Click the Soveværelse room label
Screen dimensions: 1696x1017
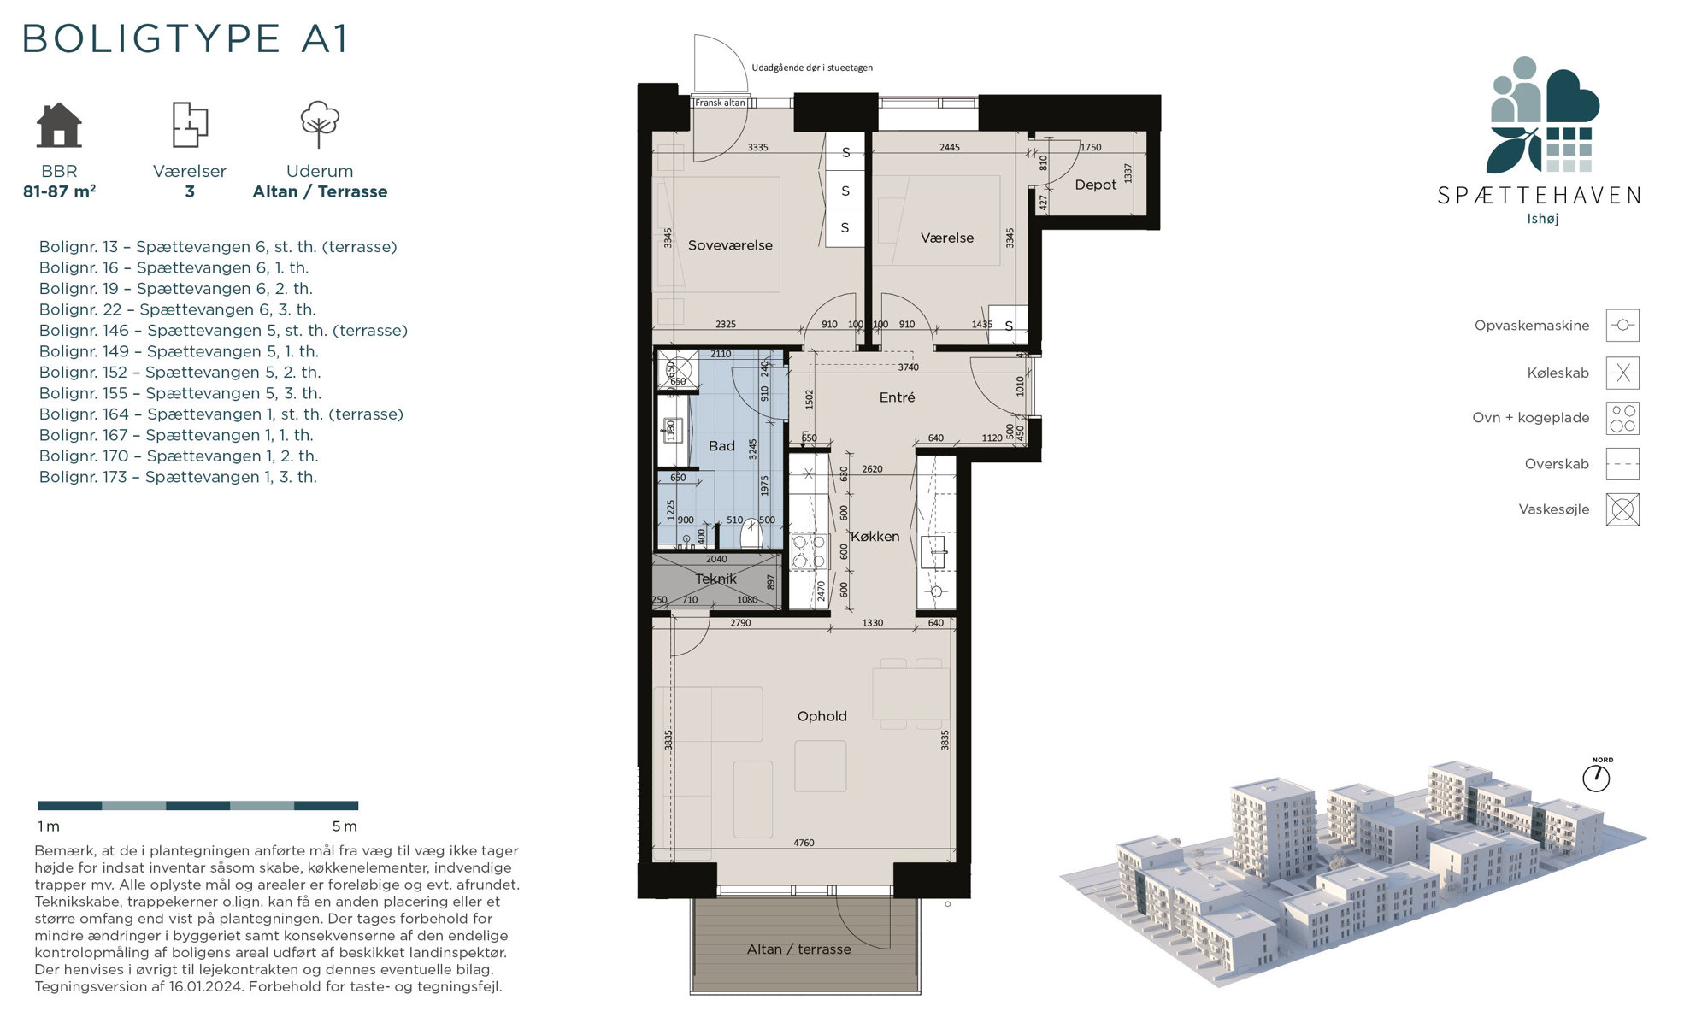730,245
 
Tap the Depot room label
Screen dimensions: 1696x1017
1095,185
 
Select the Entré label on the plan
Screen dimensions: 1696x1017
897,397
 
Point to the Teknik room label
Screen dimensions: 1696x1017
715,579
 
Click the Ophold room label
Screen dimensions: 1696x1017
821,716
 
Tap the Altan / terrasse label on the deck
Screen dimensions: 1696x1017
798,949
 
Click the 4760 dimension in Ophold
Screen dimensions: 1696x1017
804,843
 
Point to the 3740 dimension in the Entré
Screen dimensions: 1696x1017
908,367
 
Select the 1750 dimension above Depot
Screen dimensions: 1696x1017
1091,147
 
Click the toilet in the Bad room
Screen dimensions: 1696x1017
751,533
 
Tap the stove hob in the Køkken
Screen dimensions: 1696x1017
809,551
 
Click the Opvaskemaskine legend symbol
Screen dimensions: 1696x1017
1622,326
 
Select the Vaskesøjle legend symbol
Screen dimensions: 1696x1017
1622,509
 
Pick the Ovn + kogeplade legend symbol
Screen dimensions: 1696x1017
1622,419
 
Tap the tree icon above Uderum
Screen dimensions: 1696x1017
320,125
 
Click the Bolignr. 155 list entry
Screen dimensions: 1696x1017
180,393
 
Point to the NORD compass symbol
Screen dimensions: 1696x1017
1596,778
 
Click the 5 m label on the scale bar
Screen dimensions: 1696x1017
344,826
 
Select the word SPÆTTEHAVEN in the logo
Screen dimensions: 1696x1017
1539,196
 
